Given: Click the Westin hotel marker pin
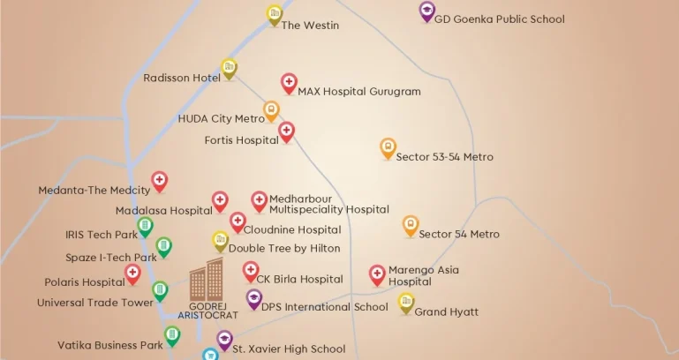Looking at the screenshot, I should [275, 13].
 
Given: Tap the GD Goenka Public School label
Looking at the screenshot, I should [499, 19].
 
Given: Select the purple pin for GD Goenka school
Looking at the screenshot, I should [427, 11].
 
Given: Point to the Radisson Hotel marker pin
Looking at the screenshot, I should [229, 67].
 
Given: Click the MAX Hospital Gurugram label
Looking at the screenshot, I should [358, 91].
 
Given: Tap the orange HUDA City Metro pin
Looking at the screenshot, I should [271, 110].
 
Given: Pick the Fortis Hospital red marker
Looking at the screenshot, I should [286, 131].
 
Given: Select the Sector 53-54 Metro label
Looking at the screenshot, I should [444, 157].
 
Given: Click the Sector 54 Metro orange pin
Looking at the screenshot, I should [411, 225].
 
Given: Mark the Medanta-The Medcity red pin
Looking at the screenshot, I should [159, 181].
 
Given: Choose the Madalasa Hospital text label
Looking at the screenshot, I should [163, 211].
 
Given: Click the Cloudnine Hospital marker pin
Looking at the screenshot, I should [238, 221].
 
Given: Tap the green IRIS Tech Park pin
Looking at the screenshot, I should [146, 227].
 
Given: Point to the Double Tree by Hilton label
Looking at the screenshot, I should [284, 249].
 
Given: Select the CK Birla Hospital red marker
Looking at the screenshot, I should [251, 271].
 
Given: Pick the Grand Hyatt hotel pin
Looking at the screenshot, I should [406, 302].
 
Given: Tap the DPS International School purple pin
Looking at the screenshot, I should [254, 299].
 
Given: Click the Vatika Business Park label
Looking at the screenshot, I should [110, 346].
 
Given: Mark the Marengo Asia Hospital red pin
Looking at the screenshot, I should [377, 274].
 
